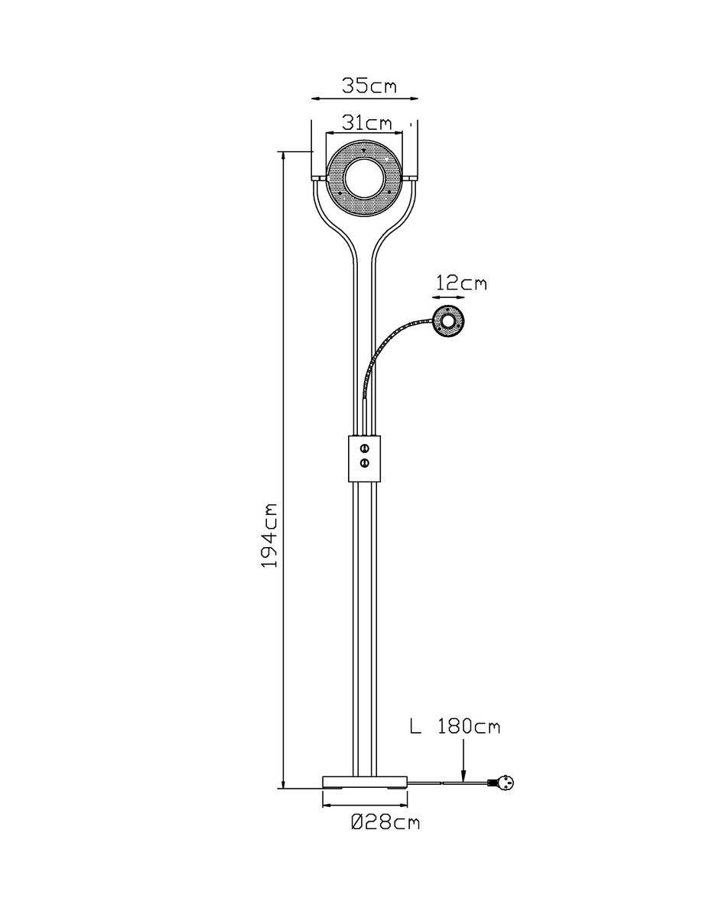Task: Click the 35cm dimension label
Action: pos(369,86)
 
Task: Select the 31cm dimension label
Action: pos(366,123)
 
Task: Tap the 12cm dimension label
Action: pos(461,283)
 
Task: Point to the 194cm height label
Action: pos(269,535)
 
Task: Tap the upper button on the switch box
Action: pos(365,447)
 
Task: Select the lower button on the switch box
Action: pos(365,463)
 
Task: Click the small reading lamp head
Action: pos(448,321)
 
